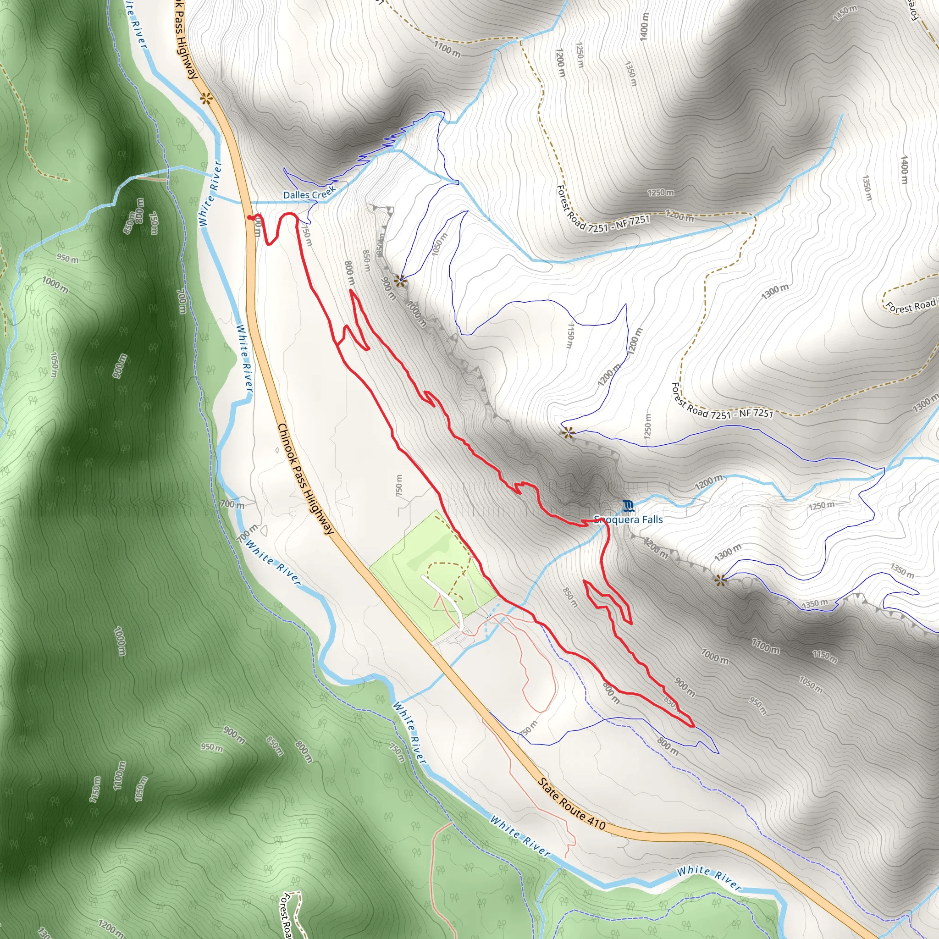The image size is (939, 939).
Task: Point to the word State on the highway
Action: tap(549, 791)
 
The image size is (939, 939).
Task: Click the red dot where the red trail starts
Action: tap(249, 217)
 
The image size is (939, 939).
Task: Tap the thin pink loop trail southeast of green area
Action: tap(540, 680)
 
